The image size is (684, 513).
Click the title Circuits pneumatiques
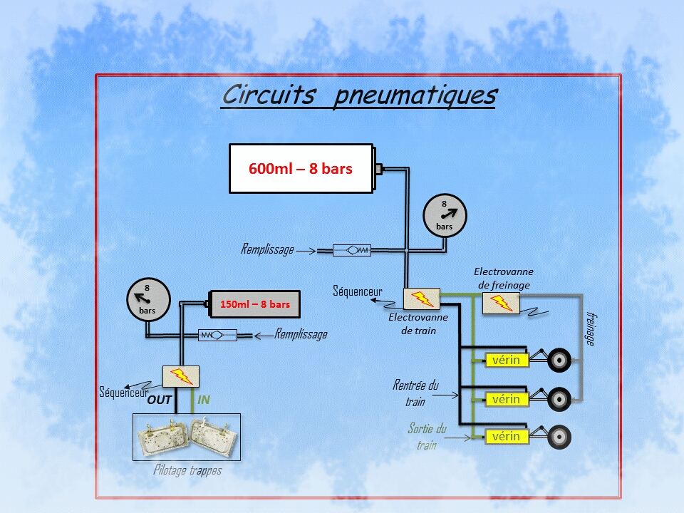coord(358,95)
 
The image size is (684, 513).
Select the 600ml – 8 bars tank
coord(301,169)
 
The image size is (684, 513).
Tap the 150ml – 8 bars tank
coord(254,304)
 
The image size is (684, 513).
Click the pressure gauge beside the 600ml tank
coord(445,215)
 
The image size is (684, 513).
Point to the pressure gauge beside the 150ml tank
coord(148,299)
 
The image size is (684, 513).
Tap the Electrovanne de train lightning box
coord(423,299)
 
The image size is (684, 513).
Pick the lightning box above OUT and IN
coord(181,376)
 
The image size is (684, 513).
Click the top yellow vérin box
coord(506,361)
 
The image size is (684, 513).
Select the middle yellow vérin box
coord(506,398)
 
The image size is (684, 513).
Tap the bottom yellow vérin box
coord(506,436)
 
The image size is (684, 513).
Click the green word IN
coord(204,400)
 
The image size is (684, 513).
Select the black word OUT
coord(160,400)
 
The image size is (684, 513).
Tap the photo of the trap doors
coord(187,437)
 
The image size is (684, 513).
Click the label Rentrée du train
coord(415,393)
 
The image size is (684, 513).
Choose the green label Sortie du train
coord(427,436)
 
